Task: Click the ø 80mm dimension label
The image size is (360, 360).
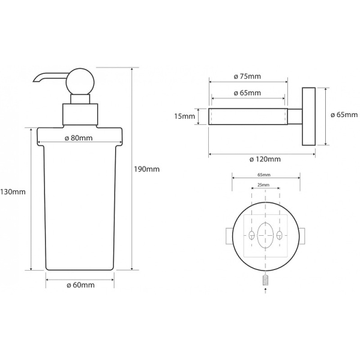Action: [78, 139]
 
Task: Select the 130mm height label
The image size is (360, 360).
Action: [13, 192]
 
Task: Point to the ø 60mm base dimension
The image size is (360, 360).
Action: [80, 285]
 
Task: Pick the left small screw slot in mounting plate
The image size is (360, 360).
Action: [250, 234]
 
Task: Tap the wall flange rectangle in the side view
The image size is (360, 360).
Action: [308, 116]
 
